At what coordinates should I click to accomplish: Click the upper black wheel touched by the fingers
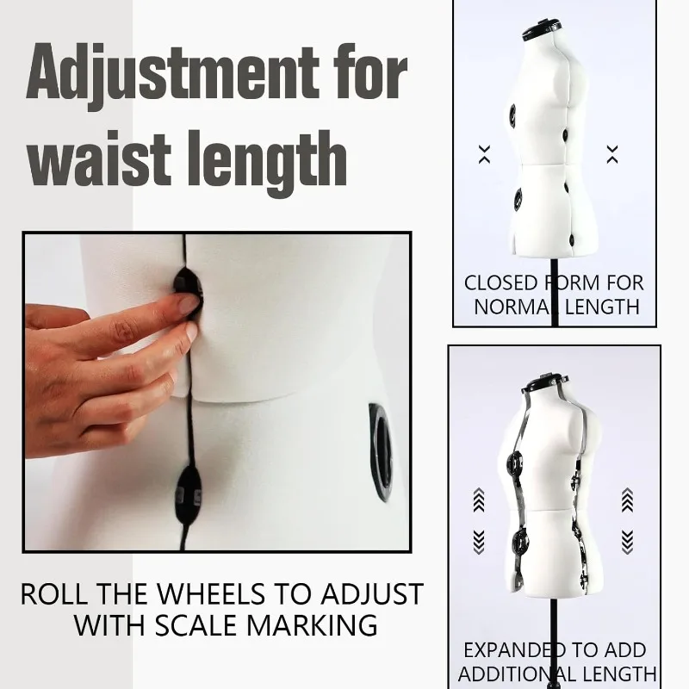pos(186,291)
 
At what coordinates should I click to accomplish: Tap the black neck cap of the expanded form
pos(551,379)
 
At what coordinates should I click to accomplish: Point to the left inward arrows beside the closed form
pos(484,154)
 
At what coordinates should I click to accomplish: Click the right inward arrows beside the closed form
pos(612,154)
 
